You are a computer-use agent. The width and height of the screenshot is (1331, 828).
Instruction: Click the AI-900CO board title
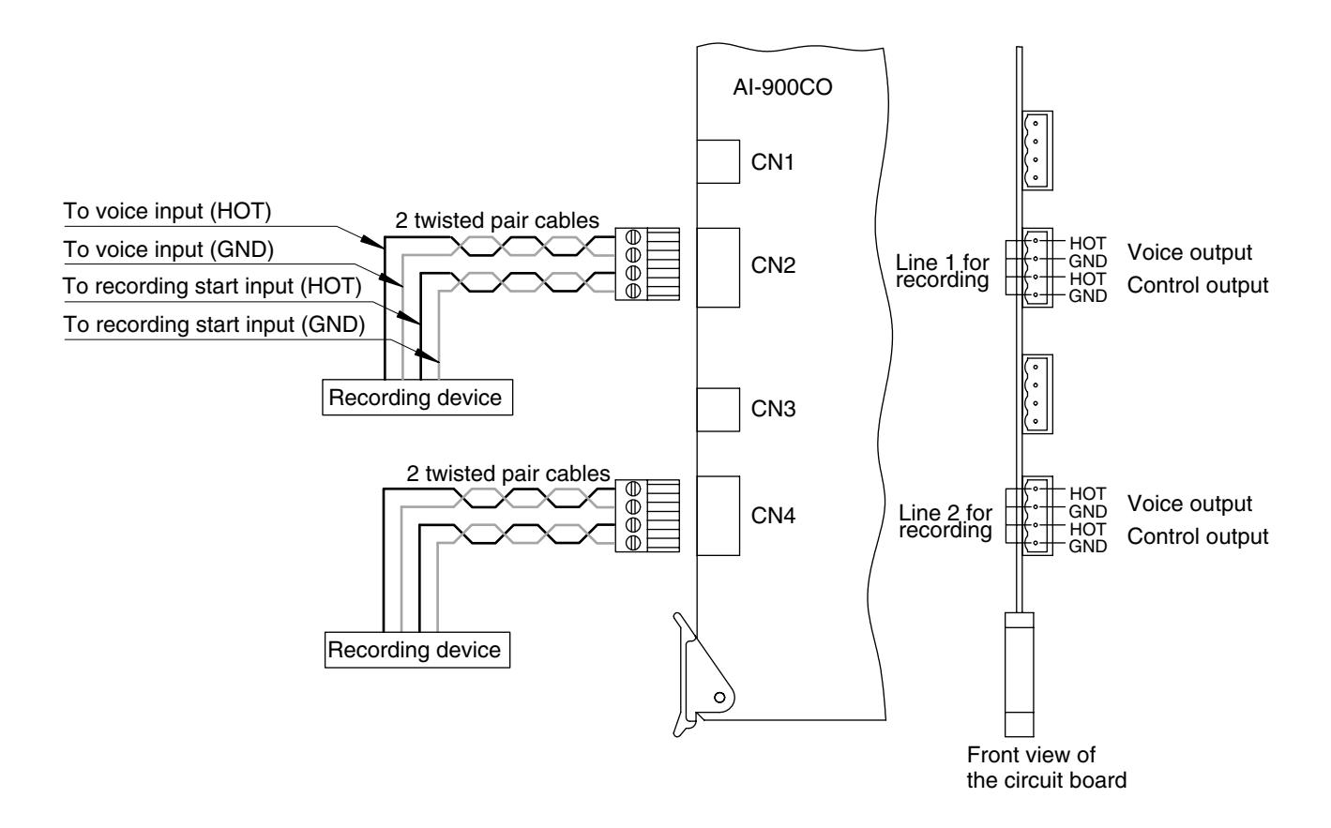pos(782,87)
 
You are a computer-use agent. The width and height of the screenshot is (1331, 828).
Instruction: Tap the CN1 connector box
pos(718,161)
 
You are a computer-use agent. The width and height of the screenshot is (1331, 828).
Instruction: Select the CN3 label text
pos(773,409)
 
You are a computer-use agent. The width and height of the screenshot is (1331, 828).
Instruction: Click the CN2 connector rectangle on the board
pos(718,267)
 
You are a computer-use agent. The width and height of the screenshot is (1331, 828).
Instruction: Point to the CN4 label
pos(773,516)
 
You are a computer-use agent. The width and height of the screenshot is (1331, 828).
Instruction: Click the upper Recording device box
pos(417,398)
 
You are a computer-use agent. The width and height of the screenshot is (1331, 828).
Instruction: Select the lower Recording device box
pos(417,650)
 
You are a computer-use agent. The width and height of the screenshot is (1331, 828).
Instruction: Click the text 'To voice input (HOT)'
pos(167,212)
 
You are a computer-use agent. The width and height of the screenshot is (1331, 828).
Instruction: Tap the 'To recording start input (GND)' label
pos(214,324)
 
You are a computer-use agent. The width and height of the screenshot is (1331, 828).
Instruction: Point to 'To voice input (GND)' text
pos(168,249)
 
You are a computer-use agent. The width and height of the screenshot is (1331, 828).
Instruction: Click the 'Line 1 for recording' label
pos(943,271)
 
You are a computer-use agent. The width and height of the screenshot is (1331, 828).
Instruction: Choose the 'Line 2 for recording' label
pos(945,521)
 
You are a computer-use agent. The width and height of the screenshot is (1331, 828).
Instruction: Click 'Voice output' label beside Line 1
pos(1189,252)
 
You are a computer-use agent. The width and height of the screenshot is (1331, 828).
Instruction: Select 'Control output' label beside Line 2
pos(1197,536)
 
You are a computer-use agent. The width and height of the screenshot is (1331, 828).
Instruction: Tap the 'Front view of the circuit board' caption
pos(1047,767)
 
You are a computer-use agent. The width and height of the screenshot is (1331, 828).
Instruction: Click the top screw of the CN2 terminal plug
pos(633,237)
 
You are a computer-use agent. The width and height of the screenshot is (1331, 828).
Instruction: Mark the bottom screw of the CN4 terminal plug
pos(633,542)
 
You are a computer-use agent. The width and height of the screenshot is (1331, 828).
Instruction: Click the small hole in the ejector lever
pos(719,698)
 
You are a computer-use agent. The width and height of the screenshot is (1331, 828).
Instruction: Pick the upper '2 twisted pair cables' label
pos(497,220)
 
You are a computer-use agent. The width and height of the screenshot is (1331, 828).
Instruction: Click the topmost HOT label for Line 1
pos(1087,243)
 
